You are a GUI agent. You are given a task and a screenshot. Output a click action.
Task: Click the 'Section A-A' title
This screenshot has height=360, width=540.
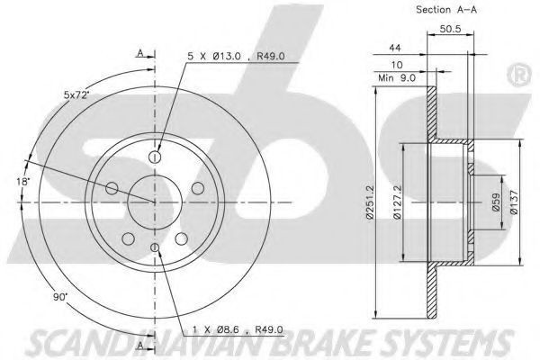[x=446, y=10]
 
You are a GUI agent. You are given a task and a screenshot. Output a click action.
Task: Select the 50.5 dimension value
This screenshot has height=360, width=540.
[x=450, y=29]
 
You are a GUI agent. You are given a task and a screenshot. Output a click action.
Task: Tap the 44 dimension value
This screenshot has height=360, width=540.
[x=395, y=48]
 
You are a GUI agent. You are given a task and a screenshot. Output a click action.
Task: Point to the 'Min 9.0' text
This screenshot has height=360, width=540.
[x=397, y=78]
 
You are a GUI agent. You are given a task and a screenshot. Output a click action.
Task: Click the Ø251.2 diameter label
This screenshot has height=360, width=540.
[x=370, y=202]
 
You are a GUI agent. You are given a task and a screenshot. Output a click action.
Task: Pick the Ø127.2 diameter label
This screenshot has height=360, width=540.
[x=397, y=202]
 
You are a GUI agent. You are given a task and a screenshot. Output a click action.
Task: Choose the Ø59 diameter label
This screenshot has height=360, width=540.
[x=495, y=202]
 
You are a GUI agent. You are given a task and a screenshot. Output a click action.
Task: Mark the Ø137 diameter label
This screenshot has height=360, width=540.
[x=514, y=202]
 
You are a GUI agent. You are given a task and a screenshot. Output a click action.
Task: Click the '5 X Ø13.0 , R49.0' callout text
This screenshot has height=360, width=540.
[x=236, y=56]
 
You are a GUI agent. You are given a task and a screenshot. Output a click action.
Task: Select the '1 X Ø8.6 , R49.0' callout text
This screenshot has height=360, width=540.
[x=238, y=329]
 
